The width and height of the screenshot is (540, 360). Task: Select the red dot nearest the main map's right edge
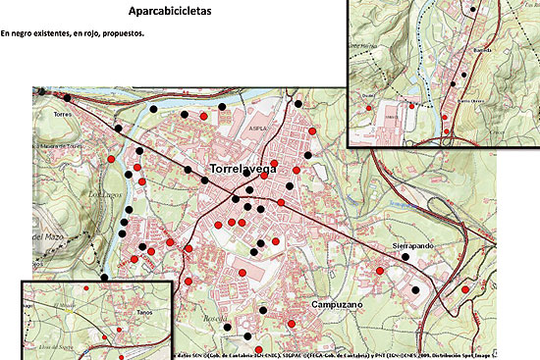tap(465, 289)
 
